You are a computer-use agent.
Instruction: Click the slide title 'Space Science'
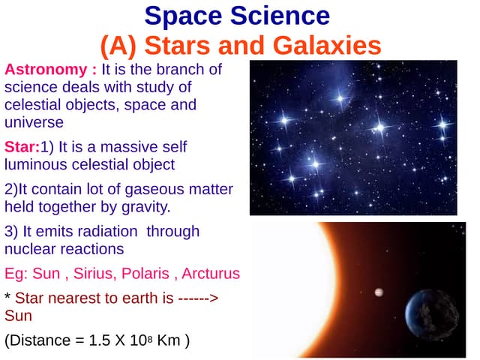point(236,16)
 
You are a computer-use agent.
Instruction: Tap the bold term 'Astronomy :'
point(51,70)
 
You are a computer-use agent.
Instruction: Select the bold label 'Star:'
point(22,146)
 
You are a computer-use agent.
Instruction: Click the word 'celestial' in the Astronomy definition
point(32,104)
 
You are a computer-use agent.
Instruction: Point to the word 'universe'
point(34,121)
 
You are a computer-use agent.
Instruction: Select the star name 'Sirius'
point(97,273)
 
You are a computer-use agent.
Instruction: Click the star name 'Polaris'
point(154,273)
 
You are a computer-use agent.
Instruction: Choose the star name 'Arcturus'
point(212,273)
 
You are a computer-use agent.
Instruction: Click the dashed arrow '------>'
point(199,298)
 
